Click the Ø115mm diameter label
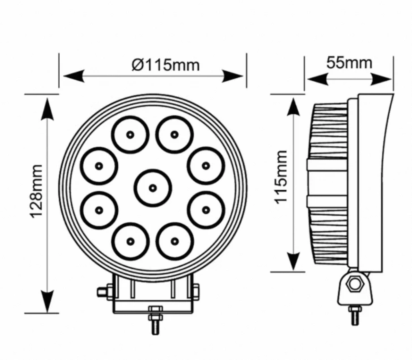pyautogui.click(x=166, y=65)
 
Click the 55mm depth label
pyautogui.click(x=349, y=63)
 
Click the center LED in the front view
pyautogui.click(x=153, y=188)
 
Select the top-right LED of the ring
pyautogui.click(x=174, y=135)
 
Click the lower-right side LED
pyautogui.click(x=205, y=210)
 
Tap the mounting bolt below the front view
pyautogui.click(x=155, y=320)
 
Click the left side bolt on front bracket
pyautogui.click(x=104, y=291)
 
